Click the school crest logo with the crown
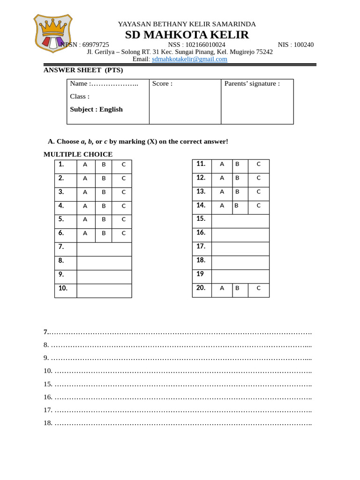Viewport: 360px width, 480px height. coord(52,33)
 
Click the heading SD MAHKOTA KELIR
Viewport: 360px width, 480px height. coord(187,35)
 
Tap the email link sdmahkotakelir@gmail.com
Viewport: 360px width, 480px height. coord(189,59)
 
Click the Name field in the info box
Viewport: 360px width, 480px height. coord(104,83)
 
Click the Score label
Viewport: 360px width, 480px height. coord(162,83)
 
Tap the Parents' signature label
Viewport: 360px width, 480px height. coord(252,83)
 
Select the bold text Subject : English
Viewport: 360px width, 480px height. coord(96,109)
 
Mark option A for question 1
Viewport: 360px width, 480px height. coord(85,165)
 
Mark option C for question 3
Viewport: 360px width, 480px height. coord(124,192)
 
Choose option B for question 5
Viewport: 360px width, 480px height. coord(104,219)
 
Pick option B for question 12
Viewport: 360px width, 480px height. coord(237,178)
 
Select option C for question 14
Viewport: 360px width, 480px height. coord(258,205)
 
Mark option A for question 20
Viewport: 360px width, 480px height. coord(222,288)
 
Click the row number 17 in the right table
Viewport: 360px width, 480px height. coord(201,246)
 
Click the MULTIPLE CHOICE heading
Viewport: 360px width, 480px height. coord(78,154)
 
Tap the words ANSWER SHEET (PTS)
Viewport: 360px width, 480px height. coord(83,70)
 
